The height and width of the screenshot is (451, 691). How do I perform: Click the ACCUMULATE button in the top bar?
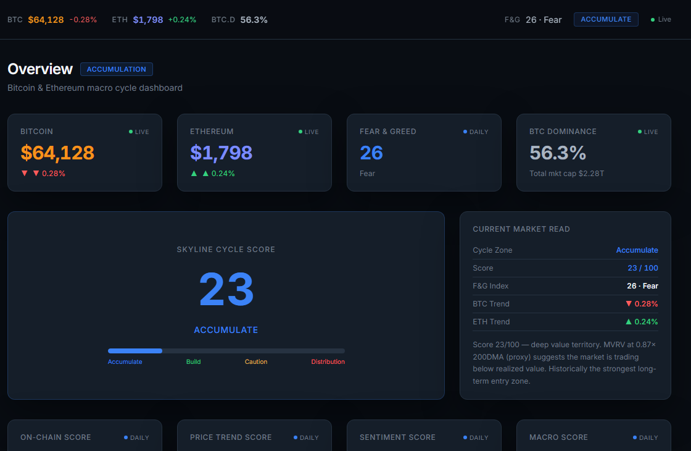click(x=606, y=19)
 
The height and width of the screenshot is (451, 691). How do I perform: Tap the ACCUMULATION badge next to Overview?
click(x=117, y=69)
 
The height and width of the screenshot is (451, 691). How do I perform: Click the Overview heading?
click(x=40, y=69)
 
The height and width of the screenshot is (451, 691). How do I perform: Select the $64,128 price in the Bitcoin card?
click(x=57, y=153)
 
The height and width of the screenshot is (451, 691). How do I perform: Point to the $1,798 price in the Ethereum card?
click(x=221, y=153)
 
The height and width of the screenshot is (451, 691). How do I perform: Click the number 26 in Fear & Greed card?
click(x=371, y=153)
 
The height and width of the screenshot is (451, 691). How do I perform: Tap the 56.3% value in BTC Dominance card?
click(x=558, y=153)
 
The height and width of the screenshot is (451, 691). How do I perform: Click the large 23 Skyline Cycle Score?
click(x=226, y=289)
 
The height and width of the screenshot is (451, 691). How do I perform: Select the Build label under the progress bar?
click(x=194, y=361)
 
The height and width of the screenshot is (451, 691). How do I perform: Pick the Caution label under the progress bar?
click(x=256, y=361)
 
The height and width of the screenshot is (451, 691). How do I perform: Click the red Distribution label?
click(x=328, y=361)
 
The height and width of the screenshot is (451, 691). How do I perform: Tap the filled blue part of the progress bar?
click(x=135, y=351)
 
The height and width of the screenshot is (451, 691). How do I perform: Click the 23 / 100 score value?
click(x=643, y=268)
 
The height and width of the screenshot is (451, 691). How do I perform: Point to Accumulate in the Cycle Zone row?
click(x=637, y=250)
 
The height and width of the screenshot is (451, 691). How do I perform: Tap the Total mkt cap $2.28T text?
click(x=567, y=174)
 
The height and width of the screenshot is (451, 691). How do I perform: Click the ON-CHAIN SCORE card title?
click(x=56, y=437)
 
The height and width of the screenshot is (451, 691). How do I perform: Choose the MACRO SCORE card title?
click(x=559, y=437)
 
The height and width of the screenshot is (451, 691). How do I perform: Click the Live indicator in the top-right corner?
click(x=661, y=19)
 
